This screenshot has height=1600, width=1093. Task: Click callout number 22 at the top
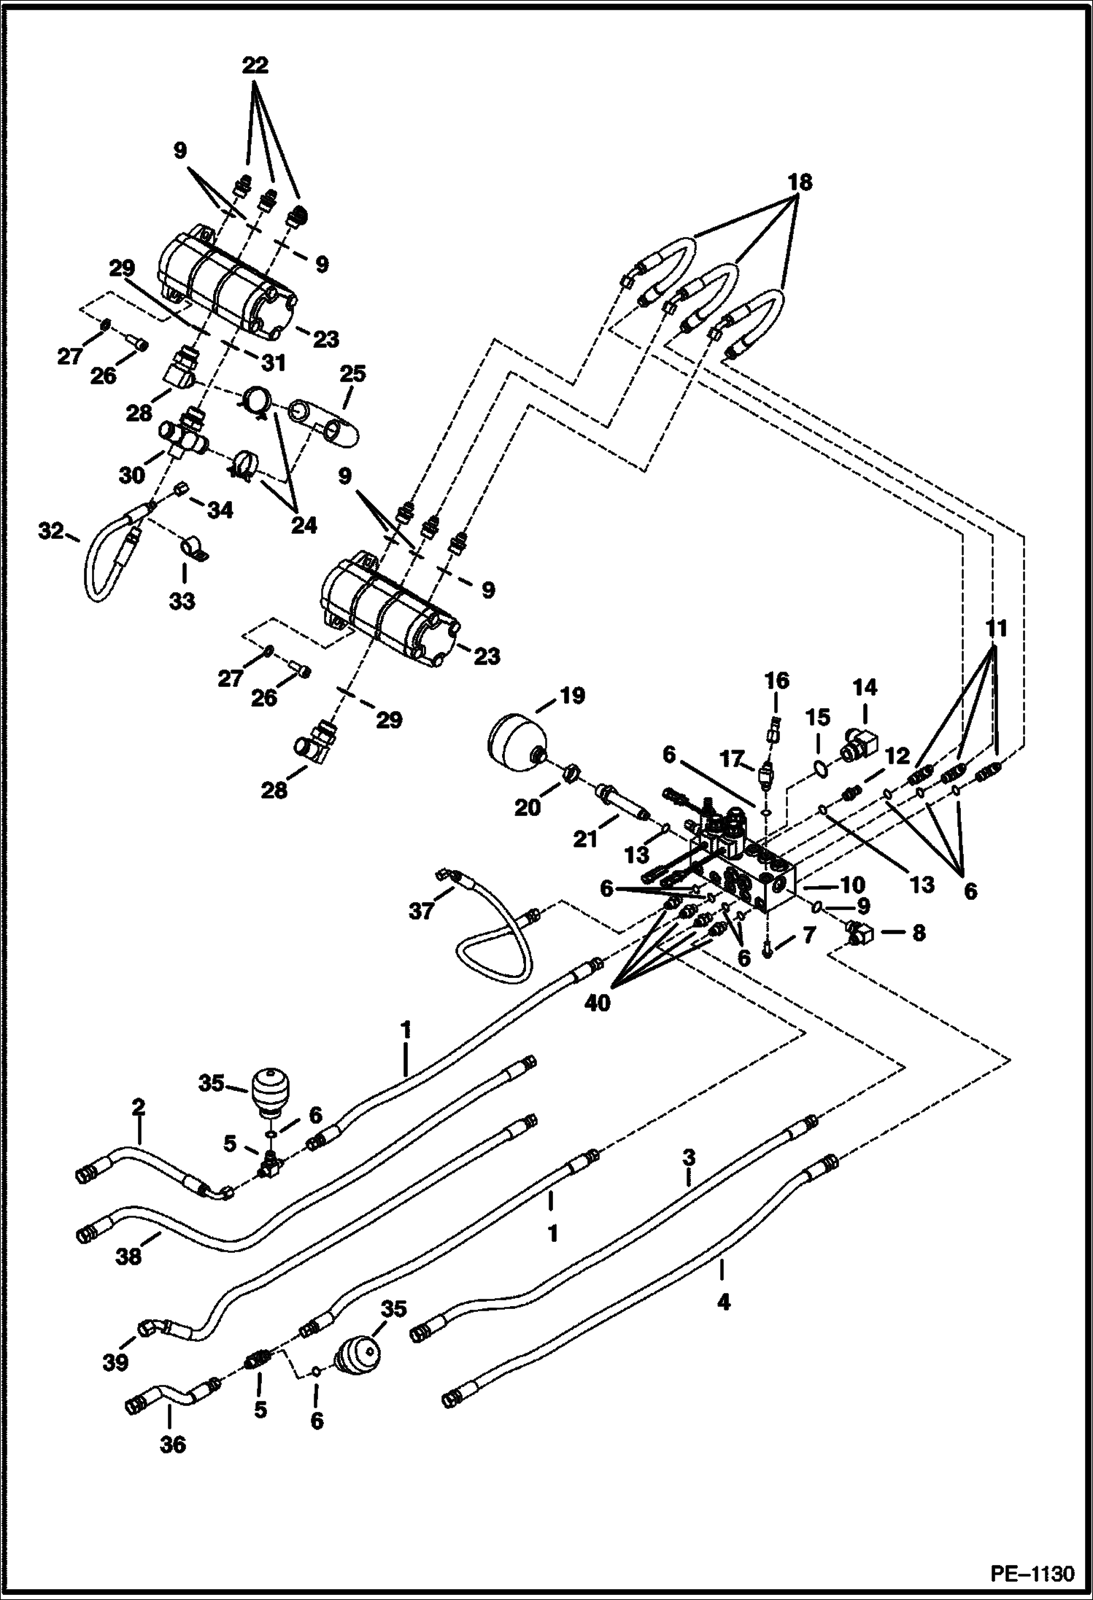pos(255,66)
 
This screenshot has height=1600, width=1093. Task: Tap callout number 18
pos(800,182)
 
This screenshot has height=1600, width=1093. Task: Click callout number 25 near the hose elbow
pos(352,374)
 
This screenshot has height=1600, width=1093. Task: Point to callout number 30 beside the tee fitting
pos(131,475)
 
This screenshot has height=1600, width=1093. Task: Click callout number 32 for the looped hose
pos(52,532)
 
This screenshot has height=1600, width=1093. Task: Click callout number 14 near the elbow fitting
pos(865,688)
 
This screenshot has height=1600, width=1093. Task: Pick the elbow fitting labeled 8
pos(861,932)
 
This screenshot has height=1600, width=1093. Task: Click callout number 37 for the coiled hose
pos(421,910)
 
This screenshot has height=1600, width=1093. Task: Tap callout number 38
pos(129,1257)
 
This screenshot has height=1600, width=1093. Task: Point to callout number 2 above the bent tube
pos(138,1128)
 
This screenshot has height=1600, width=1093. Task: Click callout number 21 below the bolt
pos(584,840)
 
